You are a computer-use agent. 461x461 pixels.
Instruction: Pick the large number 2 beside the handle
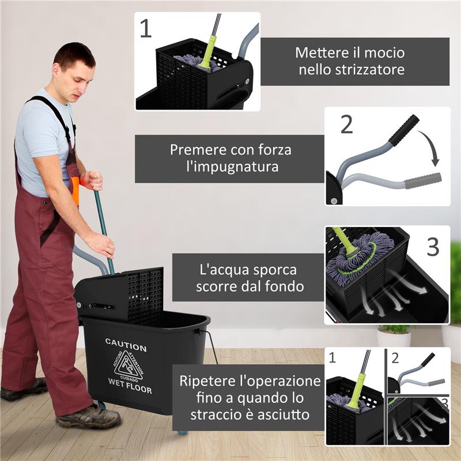coord(346,124)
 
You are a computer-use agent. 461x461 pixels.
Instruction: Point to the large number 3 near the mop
coord(432,247)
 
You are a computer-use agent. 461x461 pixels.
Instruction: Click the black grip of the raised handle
coord(403,130)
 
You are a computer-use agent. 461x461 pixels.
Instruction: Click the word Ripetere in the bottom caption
coord(206,381)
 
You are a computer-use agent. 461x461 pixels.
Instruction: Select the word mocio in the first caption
coord(384,52)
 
